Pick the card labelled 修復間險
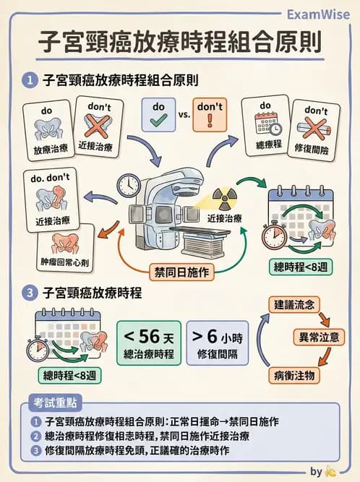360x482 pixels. [315, 132]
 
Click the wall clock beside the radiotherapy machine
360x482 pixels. [127, 185]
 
